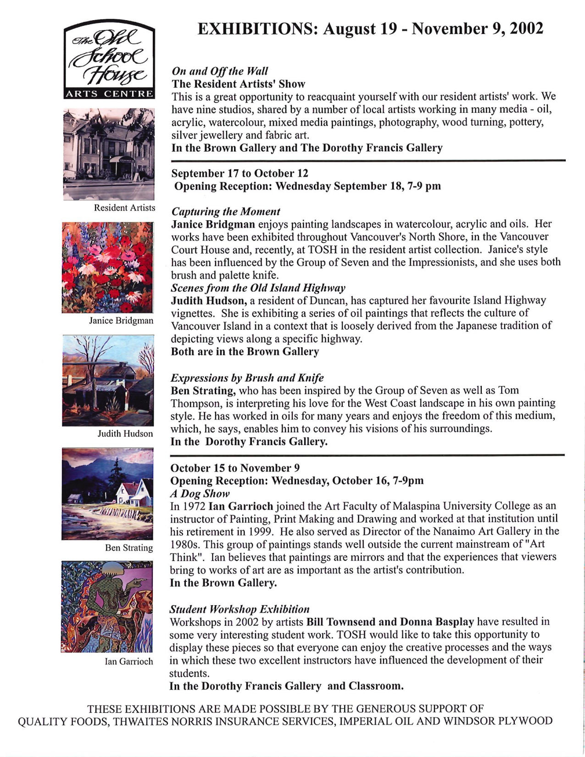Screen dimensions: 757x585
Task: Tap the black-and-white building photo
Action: click(x=109, y=154)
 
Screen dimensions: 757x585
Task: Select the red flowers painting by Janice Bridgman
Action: click(x=108, y=267)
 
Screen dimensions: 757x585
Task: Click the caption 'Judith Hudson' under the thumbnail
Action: click(x=125, y=434)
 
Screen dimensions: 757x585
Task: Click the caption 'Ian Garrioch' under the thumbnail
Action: click(x=129, y=661)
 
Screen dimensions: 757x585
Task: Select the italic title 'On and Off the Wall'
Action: click(x=219, y=71)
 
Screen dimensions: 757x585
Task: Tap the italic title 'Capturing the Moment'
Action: click(x=225, y=212)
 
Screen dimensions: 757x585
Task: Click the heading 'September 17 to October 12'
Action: click(x=240, y=173)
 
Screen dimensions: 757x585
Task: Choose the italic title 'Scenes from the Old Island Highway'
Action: click(x=258, y=288)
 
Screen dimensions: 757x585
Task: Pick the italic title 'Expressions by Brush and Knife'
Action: click(x=247, y=378)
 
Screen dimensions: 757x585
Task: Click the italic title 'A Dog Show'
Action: click(x=199, y=494)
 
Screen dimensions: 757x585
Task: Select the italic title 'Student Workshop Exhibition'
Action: click(x=240, y=609)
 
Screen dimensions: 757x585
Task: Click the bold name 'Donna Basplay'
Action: click(x=437, y=622)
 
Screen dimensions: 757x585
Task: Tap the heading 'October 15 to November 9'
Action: click(x=235, y=468)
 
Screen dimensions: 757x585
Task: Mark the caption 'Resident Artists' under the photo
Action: click(x=124, y=208)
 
